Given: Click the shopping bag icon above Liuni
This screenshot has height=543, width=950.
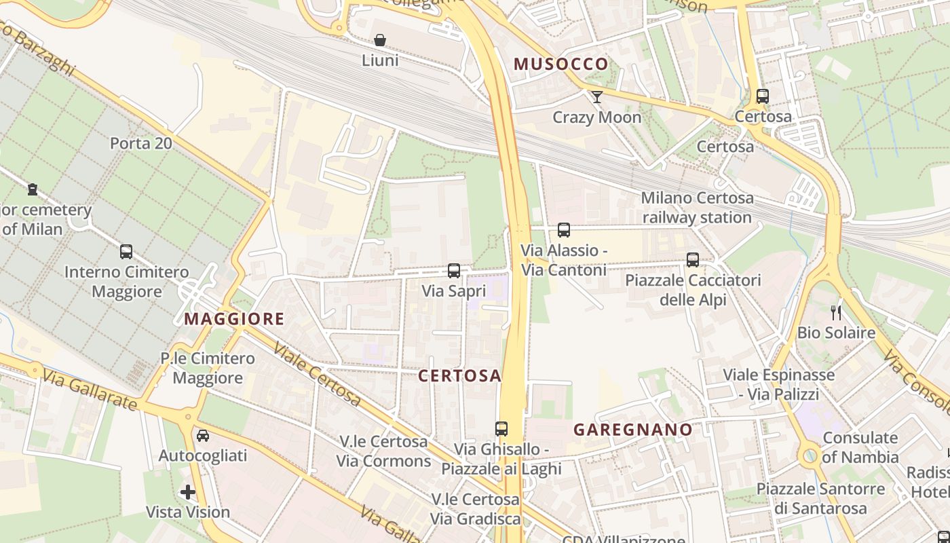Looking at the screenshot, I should (380, 41).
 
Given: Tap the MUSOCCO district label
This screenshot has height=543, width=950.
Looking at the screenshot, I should (561, 64).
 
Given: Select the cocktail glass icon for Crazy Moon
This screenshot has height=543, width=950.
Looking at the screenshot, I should (596, 97).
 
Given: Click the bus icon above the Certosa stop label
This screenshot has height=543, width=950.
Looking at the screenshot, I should (763, 96).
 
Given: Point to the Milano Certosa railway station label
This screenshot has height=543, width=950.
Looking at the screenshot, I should (697, 208).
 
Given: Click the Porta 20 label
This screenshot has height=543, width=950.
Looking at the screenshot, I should (140, 144).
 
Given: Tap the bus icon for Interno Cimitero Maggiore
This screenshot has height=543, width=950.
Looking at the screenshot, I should (126, 252).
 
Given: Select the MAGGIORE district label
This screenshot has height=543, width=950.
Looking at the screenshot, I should (234, 318).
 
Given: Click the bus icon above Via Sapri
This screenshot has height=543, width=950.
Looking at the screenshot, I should (454, 271).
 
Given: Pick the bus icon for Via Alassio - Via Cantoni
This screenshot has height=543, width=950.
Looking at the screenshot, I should (564, 230).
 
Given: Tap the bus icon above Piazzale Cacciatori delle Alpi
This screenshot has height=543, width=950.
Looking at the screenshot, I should (693, 260).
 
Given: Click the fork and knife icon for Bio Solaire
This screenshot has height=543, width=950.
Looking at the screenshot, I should (836, 313).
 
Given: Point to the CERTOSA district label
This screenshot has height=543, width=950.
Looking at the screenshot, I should (459, 375).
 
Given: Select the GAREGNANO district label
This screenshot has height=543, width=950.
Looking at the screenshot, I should (632, 430).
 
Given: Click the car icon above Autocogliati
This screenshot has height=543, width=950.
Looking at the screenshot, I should (202, 435).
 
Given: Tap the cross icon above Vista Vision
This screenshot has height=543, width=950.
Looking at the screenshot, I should (188, 492).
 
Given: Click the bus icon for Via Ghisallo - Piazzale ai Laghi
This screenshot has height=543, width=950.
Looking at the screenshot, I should (501, 429).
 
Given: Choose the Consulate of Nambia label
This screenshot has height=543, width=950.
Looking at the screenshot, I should (860, 447).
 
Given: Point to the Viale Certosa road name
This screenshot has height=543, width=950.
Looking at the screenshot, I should (317, 375).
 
